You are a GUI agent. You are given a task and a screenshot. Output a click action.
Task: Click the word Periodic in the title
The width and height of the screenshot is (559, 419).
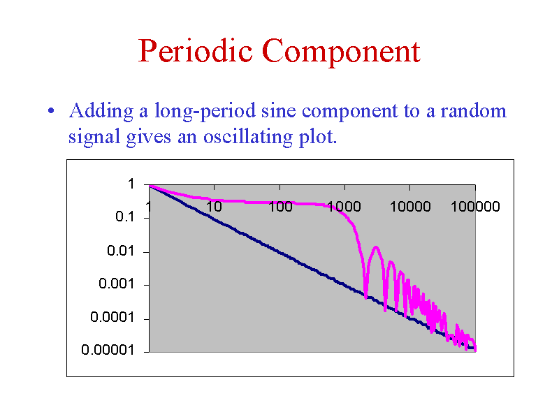click(196, 50)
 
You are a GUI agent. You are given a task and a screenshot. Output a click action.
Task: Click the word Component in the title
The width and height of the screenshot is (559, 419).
click(341, 52)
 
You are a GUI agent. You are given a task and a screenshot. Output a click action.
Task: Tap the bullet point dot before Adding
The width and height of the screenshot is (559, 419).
click(51, 111)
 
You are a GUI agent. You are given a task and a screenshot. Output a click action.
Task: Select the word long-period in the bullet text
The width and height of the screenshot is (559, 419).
click(205, 111)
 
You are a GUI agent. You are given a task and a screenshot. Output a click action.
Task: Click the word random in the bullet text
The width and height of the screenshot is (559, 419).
click(474, 111)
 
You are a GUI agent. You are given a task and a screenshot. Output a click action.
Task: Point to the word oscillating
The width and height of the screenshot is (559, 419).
click(248, 137)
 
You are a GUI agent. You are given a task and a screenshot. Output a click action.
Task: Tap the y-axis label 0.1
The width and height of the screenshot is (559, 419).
click(124, 216)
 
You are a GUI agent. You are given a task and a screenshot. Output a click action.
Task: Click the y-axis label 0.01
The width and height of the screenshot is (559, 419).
click(120, 251)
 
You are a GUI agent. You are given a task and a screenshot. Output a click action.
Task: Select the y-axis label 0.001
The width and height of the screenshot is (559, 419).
click(116, 284)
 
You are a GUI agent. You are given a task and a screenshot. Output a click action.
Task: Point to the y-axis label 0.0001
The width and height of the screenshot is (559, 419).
click(112, 317)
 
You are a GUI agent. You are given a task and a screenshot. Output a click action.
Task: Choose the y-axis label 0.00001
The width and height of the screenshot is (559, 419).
click(108, 350)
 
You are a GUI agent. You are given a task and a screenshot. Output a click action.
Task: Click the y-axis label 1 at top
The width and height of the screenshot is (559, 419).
click(131, 184)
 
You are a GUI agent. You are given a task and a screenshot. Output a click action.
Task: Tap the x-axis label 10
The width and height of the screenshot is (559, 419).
click(214, 207)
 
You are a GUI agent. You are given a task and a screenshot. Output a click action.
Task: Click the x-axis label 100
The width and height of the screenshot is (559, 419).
click(280, 207)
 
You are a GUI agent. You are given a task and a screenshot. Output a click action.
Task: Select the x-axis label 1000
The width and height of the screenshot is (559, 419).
click(344, 207)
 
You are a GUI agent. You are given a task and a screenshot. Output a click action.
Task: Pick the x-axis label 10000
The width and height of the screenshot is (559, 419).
click(410, 207)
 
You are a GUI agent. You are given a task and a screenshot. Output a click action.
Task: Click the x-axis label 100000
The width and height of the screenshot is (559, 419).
click(475, 207)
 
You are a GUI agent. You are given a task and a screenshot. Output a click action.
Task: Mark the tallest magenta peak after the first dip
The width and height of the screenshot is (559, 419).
click(376, 247)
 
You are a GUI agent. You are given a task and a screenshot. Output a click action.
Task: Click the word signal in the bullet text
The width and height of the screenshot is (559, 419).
click(94, 137)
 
